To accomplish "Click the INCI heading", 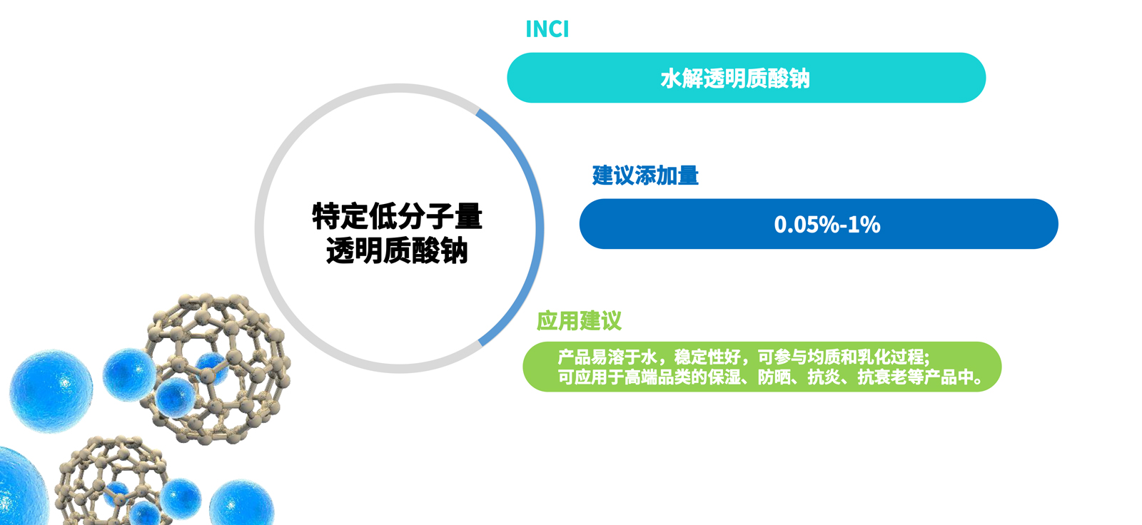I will click(547, 29).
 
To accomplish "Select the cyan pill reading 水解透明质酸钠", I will click(746, 78).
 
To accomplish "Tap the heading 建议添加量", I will click(645, 175).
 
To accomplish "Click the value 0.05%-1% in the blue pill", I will click(827, 225).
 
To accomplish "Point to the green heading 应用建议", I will click(579, 321).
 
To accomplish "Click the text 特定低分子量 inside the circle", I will click(397, 216).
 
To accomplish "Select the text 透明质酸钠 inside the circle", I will click(397, 251).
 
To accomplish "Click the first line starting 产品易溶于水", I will click(742, 357).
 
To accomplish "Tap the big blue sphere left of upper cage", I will click(51, 390).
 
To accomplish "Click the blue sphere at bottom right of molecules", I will click(241, 504).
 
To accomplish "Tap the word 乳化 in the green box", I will click(874, 357).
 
